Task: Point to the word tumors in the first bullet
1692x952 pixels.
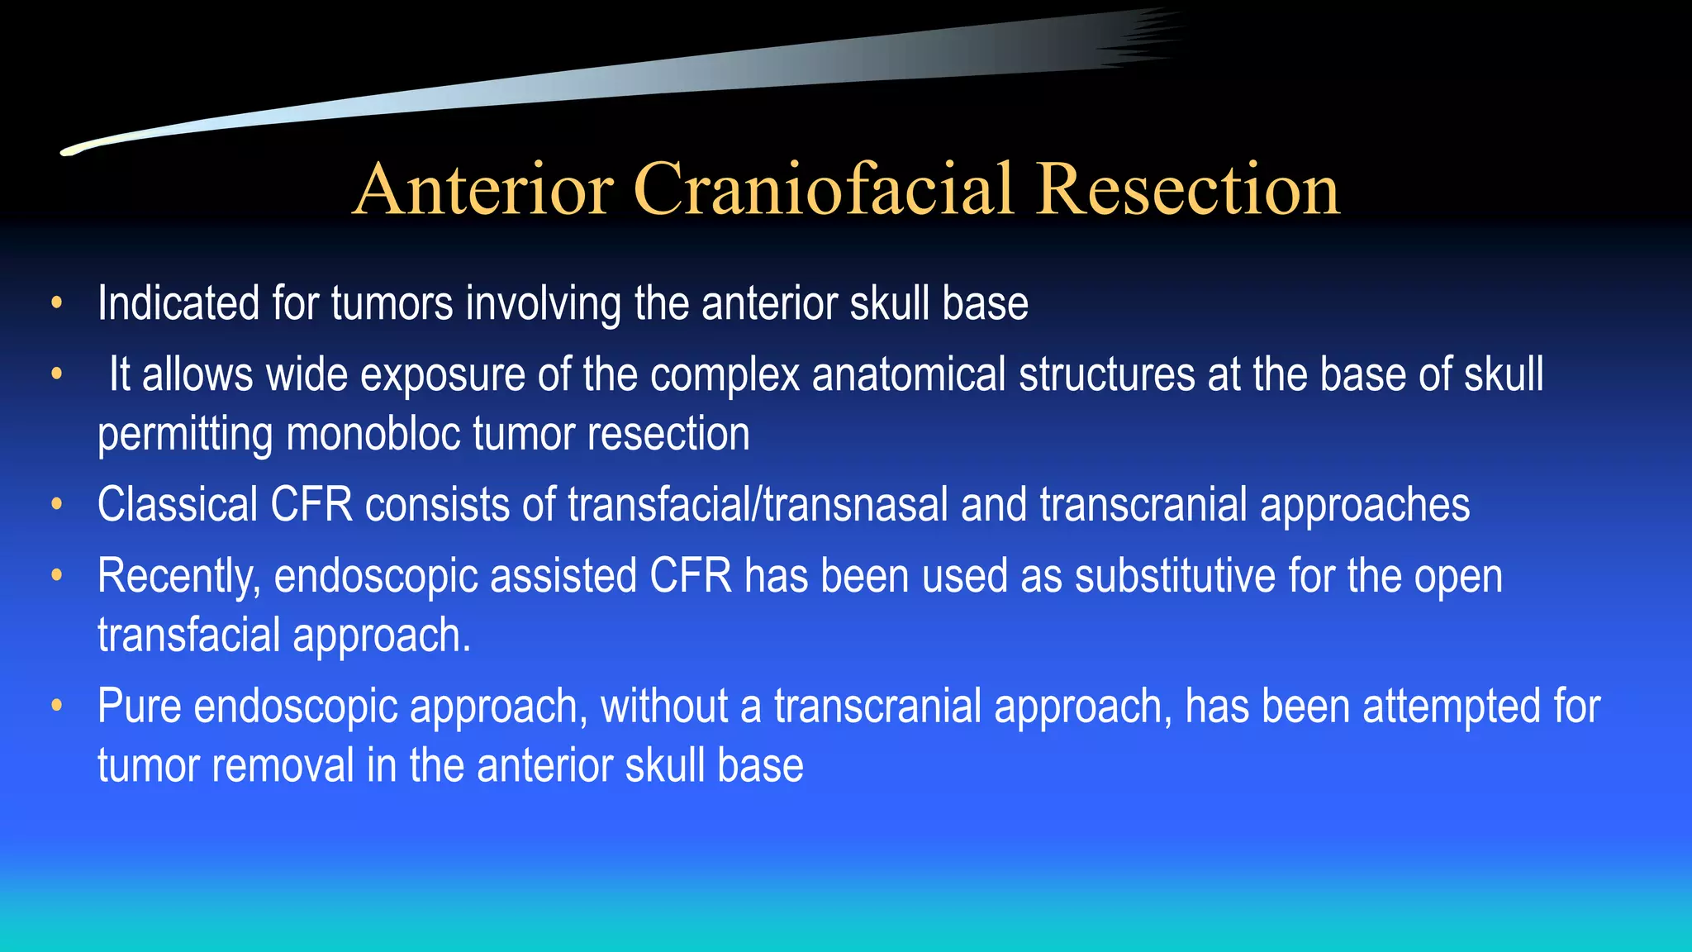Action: click(x=392, y=303)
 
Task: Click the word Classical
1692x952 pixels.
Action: click(x=178, y=504)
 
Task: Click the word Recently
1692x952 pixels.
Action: click(x=178, y=576)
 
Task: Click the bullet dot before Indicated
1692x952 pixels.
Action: click(x=56, y=303)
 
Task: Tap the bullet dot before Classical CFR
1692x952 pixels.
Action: click(x=56, y=504)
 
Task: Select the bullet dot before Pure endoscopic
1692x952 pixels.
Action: click(x=56, y=707)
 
